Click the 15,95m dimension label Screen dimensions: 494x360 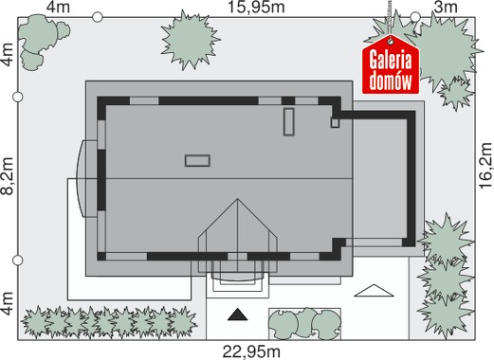[256, 8]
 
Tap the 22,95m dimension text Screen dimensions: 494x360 [251, 351]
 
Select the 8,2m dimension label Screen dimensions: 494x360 [8, 176]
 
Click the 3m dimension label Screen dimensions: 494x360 [446, 8]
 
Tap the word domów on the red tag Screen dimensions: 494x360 [391, 81]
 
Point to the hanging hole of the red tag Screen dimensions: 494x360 [391, 41]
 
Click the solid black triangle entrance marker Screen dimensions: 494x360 [238, 315]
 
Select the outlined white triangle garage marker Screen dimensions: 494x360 [374, 291]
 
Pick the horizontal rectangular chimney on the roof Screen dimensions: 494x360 [197, 160]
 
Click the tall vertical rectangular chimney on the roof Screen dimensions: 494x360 [289, 122]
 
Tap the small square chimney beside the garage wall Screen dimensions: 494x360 [335, 122]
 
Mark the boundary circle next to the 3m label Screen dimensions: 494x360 [415, 17]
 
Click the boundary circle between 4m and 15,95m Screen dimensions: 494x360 [98, 17]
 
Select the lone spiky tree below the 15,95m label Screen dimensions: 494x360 [191, 40]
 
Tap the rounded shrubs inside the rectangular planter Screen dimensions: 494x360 [304, 323]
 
